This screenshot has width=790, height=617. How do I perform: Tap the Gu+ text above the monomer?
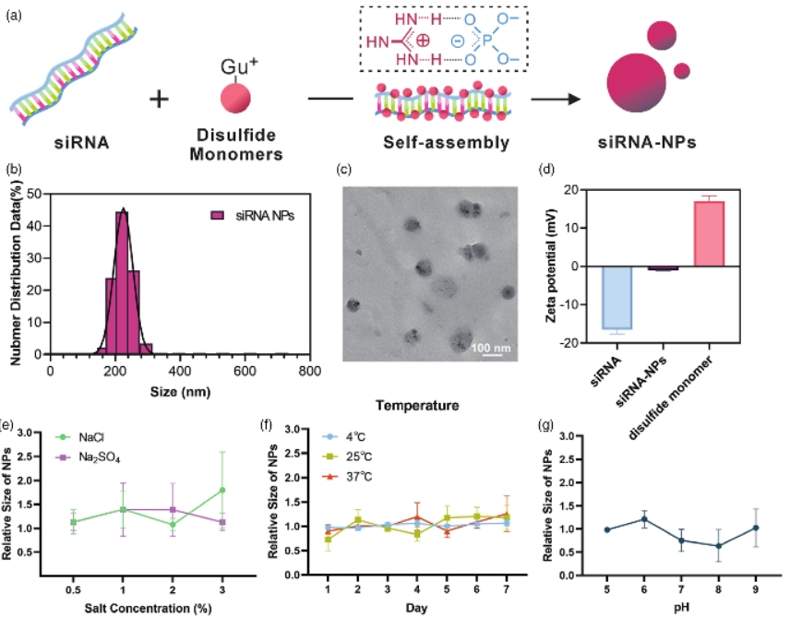(234, 66)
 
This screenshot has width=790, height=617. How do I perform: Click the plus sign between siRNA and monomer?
(160, 98)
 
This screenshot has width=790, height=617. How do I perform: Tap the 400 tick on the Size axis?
(180, 371)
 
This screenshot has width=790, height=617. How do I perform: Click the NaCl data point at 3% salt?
(223, 490)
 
